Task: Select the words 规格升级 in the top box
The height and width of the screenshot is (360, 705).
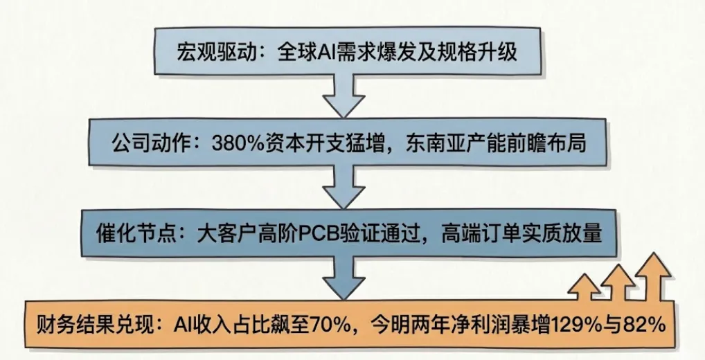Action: click(479, 52)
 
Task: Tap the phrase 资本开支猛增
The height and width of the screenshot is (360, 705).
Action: click(301, 143)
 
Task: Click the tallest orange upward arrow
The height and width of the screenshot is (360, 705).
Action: click(652, 277)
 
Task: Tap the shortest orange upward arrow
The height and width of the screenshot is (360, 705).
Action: click(584, 289)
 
